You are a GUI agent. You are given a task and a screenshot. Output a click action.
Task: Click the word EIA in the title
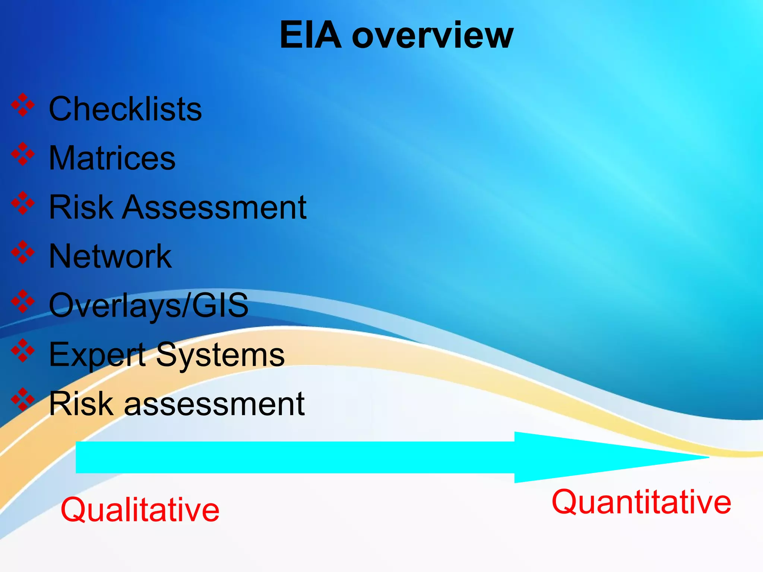[310, 35]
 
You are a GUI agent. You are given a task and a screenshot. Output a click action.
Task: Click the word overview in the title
[433, 36]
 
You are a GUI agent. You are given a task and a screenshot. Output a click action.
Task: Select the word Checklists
[125, 109]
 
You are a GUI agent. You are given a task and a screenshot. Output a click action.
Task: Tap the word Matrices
[112, 158]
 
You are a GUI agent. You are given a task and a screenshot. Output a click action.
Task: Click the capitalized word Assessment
[215, 207]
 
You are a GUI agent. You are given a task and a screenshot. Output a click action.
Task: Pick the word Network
[110, 256]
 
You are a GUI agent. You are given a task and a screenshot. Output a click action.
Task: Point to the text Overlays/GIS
[148, 305]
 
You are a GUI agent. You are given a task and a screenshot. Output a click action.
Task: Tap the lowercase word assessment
[214, 404]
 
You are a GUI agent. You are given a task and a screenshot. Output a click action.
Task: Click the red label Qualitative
[140, 510]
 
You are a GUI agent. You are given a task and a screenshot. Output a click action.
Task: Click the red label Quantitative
[641, 502]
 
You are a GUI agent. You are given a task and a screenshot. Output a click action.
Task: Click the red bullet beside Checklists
[23, 105]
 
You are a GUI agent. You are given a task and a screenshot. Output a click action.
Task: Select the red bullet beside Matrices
[23, 154]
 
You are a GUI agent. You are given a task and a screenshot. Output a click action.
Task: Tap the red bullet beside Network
[23, 252]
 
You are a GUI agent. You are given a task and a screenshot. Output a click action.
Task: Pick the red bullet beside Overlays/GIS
[23, 301]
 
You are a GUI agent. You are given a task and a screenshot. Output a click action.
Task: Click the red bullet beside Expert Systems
[23, 350]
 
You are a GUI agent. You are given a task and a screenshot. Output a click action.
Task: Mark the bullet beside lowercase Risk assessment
[23, 400]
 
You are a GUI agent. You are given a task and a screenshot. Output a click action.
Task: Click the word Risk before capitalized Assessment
[81, 207]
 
